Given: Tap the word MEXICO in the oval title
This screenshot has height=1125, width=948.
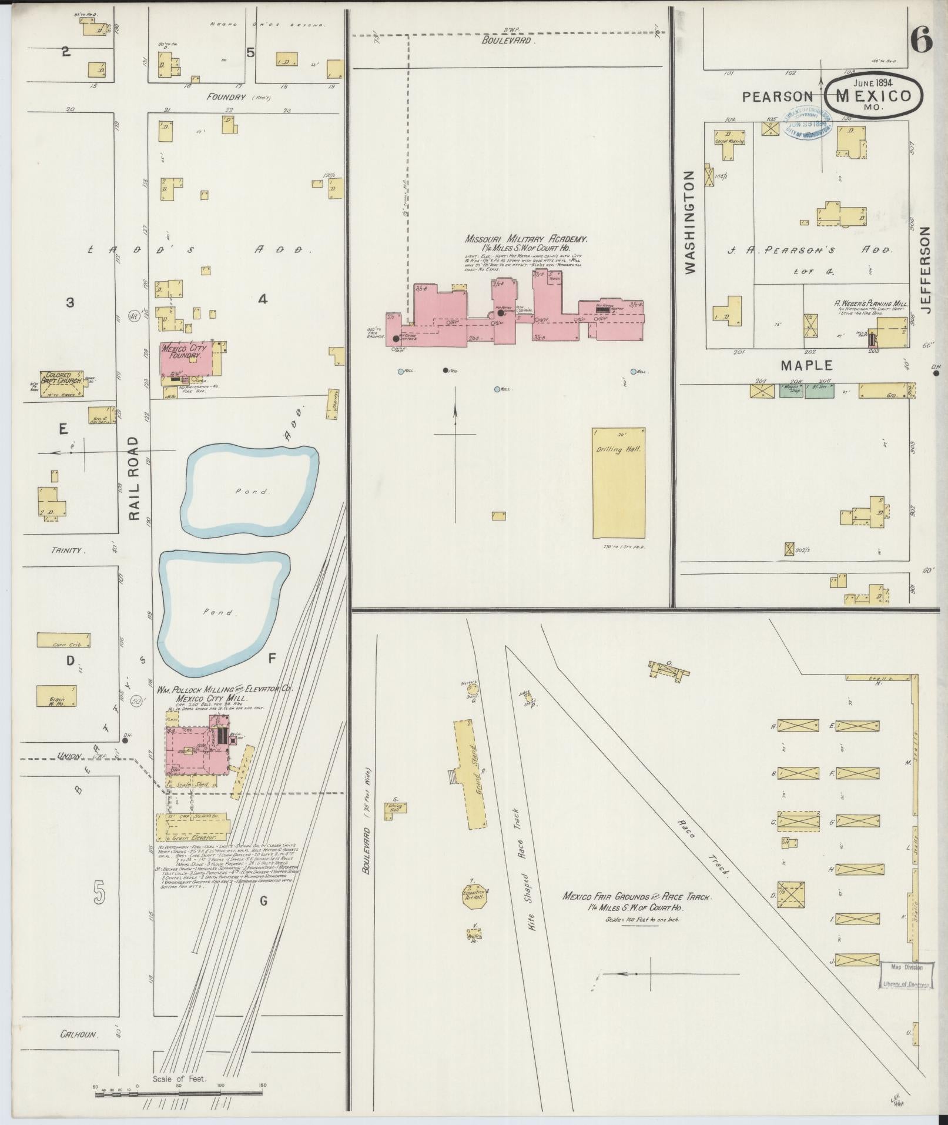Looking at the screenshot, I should (873, 95).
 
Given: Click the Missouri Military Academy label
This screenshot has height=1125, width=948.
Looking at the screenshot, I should (526, 239).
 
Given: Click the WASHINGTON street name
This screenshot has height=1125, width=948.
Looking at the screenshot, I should (690, 222).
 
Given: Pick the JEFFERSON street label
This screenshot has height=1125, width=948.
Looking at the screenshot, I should (927, 270).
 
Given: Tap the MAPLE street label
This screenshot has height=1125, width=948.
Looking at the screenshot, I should (806, 366).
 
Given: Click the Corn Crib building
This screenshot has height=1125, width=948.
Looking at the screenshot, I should (63, 640).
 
